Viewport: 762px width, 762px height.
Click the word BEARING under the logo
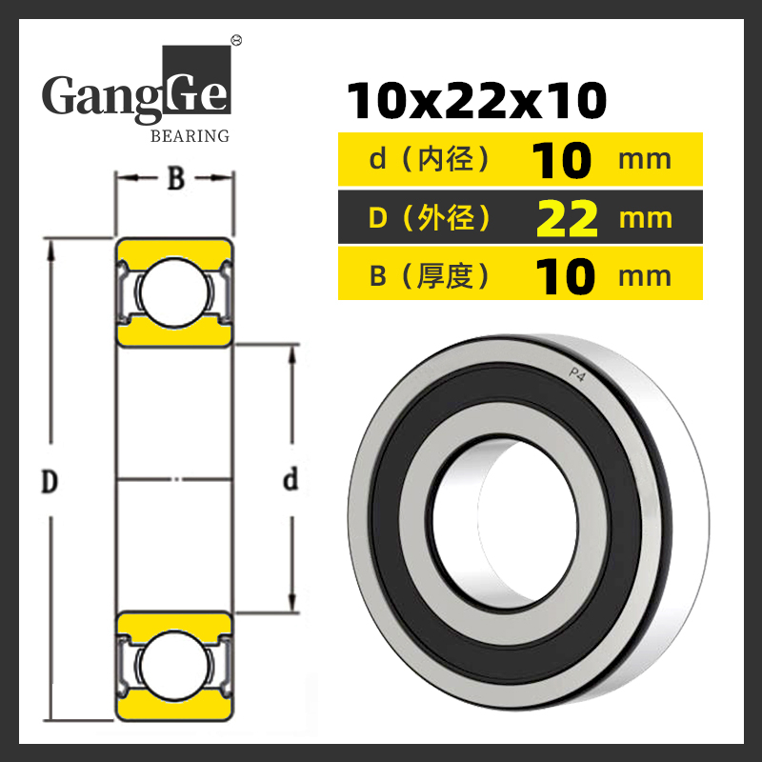pos(190,136)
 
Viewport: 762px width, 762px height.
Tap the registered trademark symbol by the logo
pos(237,40)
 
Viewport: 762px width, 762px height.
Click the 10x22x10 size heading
pos(477,101)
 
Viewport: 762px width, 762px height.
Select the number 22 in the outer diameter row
pos(567,218)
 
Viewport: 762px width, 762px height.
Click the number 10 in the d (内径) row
pos(561,160)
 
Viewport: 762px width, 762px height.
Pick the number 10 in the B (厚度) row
pos(565,276)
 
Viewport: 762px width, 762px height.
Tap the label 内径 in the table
pos(446,159)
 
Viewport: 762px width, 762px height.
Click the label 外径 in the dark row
pos(446,218)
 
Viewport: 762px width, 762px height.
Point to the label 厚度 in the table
pos(445,275)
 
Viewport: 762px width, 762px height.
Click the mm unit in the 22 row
pos(646,219)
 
